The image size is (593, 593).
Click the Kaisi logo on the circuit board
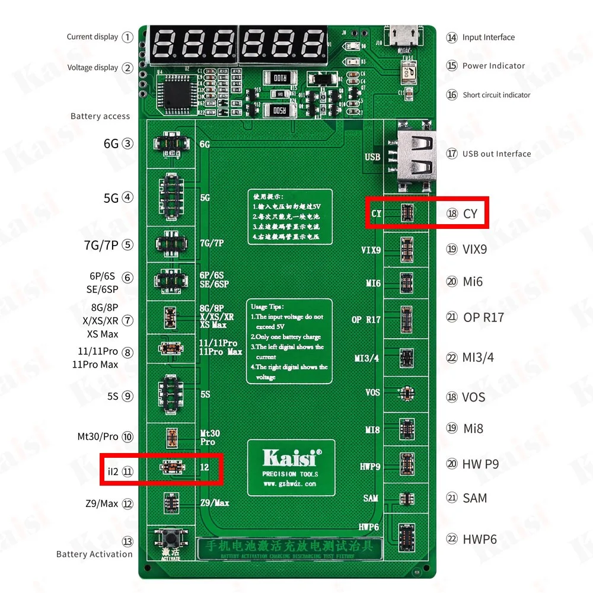(x=291, y=458)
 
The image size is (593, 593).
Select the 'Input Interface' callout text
(x=488, y=37)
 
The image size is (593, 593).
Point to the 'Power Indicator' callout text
(x=493, y=66)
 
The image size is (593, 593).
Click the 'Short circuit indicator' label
(x=496, y=95)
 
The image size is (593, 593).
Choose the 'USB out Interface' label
(x=497, y=154)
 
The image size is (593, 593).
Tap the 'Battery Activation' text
(x=94, y=554)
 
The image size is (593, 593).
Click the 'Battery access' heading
(x=100, y=116)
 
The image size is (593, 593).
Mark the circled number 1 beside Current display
(x=127, y=37)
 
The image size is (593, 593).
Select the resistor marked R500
(x=279, y=110)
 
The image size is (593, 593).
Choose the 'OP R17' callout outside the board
(x=483, y=317)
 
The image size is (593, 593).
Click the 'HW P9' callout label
(x=480, y=464)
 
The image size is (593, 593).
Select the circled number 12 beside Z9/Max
(x=127, y=503)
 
